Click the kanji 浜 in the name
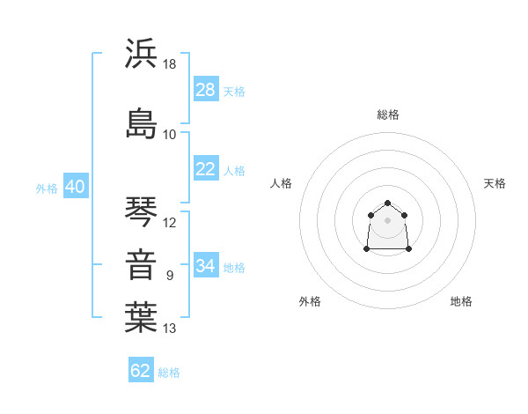(141, 53)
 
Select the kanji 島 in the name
(141, 123)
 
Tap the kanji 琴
(141, 211)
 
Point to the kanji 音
(141, 264)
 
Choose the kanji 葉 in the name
(141, 317)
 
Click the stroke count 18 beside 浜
(169, 64)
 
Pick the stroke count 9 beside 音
(170, 276)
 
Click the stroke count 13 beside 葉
(169, 329)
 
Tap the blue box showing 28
(206, 89)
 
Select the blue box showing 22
(206, 168)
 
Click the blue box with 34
(206, 264)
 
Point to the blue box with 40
(76, 186)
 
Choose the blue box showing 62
(141, 369)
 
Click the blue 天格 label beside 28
(234, 92)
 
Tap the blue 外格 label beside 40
(47, 189)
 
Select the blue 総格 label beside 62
(169, 373)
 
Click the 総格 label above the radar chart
(388, 115)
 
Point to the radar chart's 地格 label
(461, 301)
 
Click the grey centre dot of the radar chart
(387, 220)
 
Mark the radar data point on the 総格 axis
(387, 203)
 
